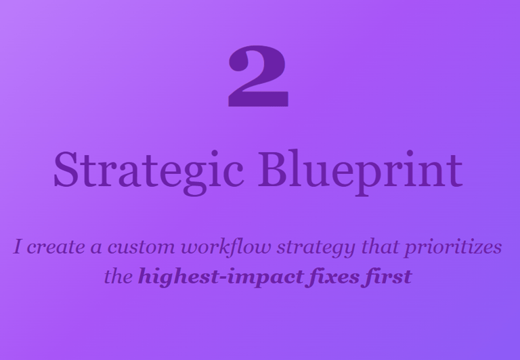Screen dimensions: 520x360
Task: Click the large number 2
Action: (x=259, y=76)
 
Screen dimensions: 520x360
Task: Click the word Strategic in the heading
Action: (x=148, y=173)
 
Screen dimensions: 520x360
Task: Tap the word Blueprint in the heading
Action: (x=360, y=173)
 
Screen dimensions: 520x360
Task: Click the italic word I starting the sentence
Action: (x=18, y=246)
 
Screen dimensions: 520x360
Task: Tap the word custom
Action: (x=141, y=248)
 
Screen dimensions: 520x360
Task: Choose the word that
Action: (x=380, y=246)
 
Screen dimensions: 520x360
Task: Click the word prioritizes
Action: (x=453, y=248)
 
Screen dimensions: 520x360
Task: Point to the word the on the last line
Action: (x=118, y=276)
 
